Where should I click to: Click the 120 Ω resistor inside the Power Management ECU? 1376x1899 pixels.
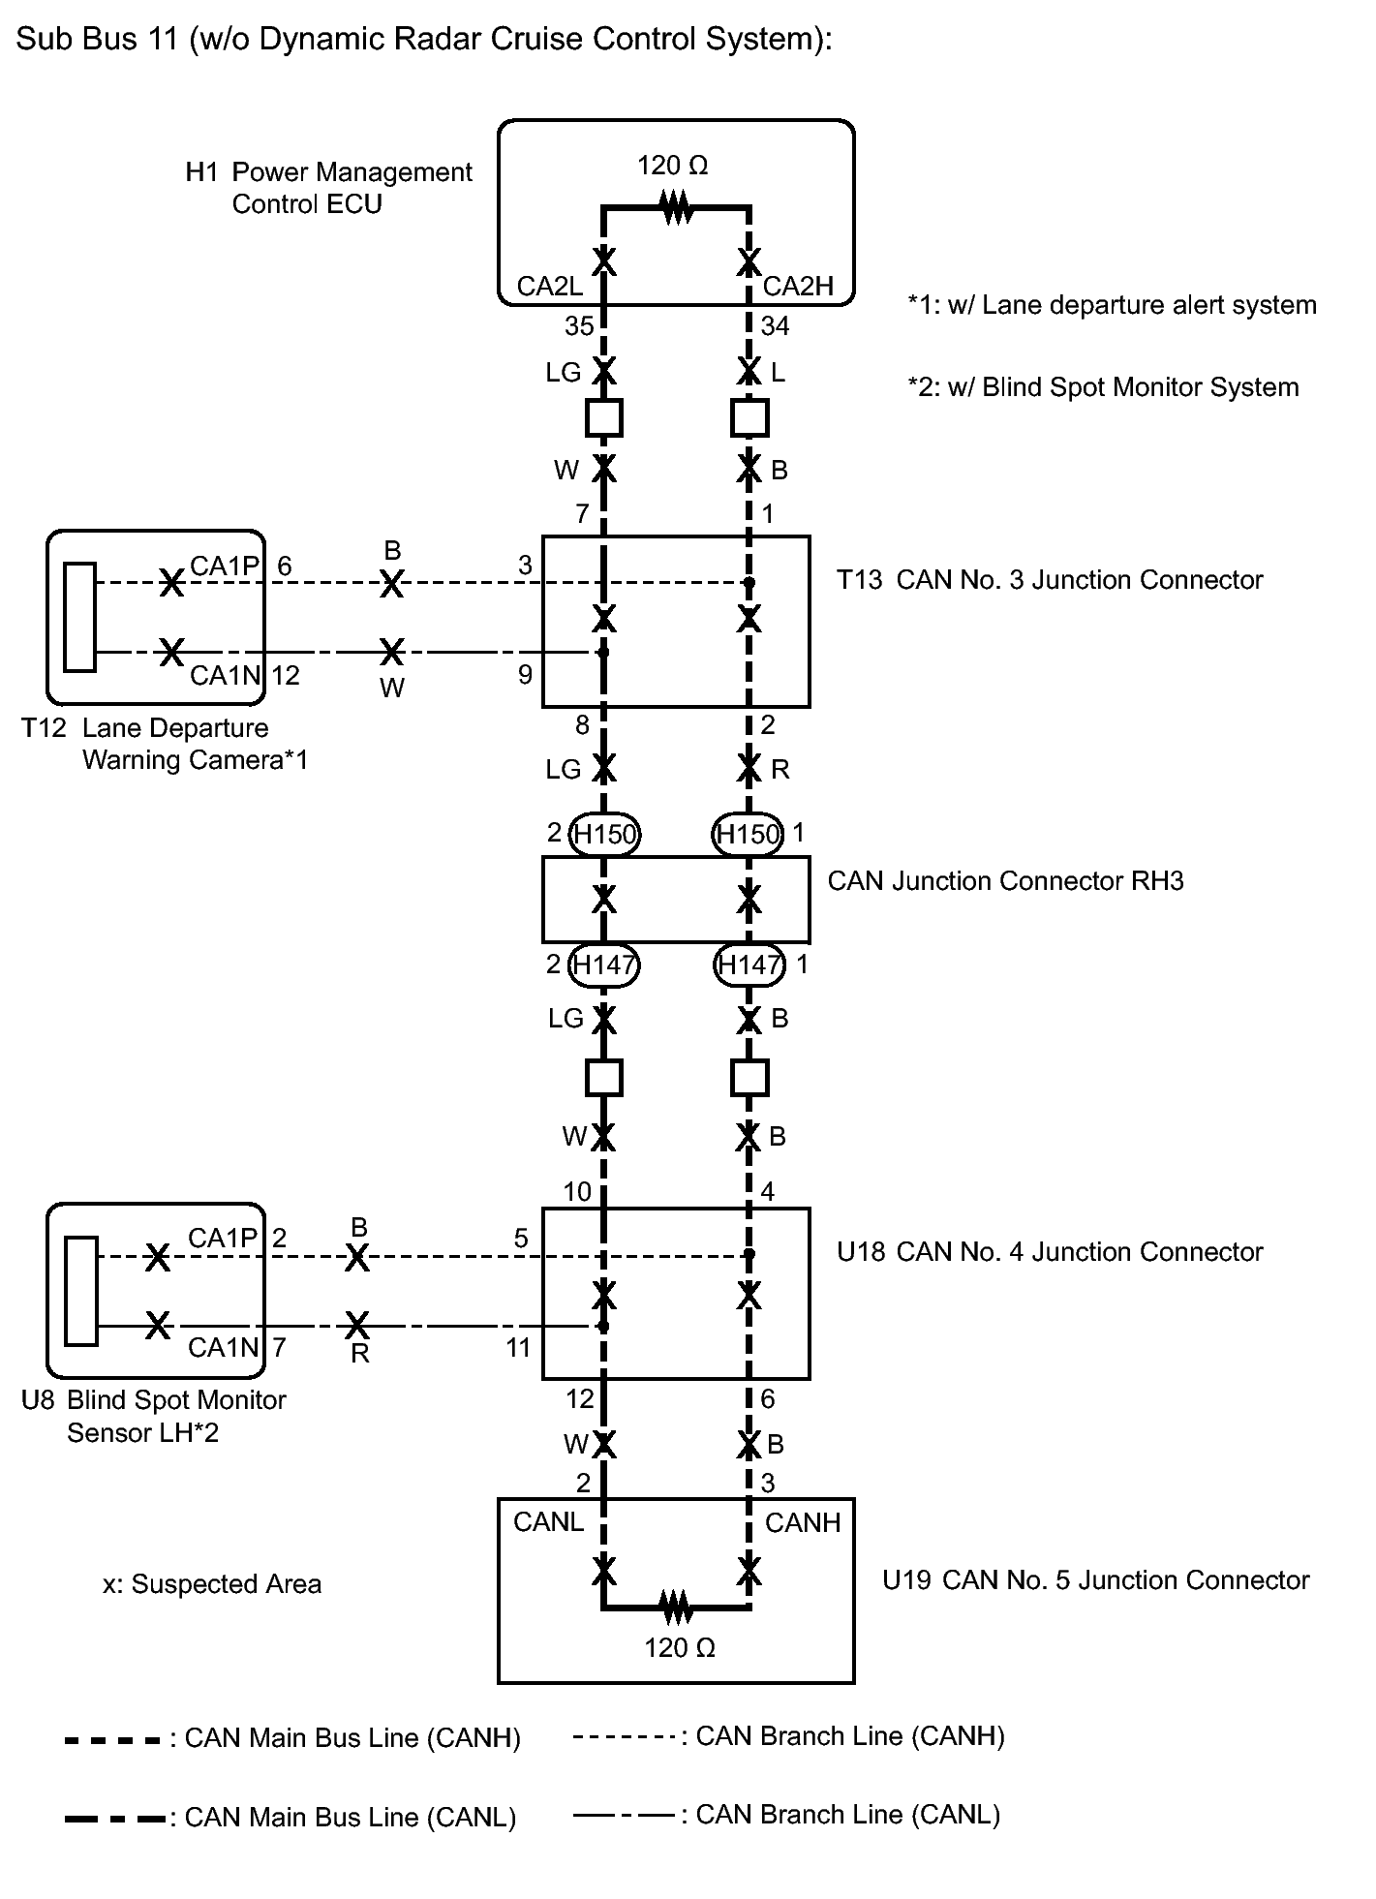677,207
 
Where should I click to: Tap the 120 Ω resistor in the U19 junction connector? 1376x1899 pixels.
677,1608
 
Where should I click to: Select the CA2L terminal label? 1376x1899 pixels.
549,286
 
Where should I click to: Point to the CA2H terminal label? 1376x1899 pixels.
798,286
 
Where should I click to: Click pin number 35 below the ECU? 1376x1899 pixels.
579,326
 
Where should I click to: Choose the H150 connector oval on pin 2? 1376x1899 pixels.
604,834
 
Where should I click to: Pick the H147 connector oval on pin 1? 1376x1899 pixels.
749,965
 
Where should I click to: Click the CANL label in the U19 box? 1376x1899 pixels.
548,1522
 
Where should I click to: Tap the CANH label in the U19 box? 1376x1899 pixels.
803,1522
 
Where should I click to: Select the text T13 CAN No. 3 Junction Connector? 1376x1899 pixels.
1050,580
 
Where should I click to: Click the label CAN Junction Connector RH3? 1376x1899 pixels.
1005,881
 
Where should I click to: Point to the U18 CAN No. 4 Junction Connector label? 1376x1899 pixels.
1050,1252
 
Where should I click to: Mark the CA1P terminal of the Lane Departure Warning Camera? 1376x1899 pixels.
224,566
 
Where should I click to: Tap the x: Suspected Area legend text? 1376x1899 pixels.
212,1584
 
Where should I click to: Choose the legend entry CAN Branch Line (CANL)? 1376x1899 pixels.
786,1814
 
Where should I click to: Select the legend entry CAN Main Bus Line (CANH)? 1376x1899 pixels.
292,1738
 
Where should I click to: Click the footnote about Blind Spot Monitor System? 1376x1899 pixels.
1103,387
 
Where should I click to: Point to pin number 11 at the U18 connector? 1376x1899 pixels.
518,1348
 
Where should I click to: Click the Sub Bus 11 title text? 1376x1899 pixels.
424,39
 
